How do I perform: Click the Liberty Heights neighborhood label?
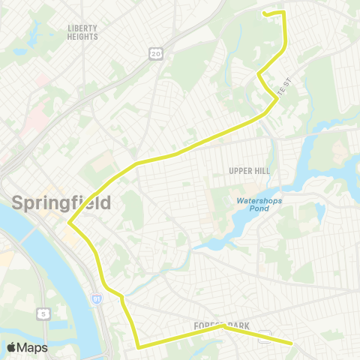(82, 31)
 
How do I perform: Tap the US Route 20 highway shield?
(155, 53)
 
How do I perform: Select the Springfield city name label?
(61, 202)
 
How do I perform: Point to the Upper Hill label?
(249, 171)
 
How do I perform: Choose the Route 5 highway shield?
(44, 313)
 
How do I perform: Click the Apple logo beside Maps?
(13, 347)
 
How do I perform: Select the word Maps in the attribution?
(32, 347)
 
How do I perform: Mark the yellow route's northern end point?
(263, 12)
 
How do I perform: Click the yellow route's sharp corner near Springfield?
(69, 223)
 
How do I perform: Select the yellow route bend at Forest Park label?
(222, 326)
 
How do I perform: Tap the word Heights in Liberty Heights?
(82, 36)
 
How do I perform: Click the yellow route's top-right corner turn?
(283, 12)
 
